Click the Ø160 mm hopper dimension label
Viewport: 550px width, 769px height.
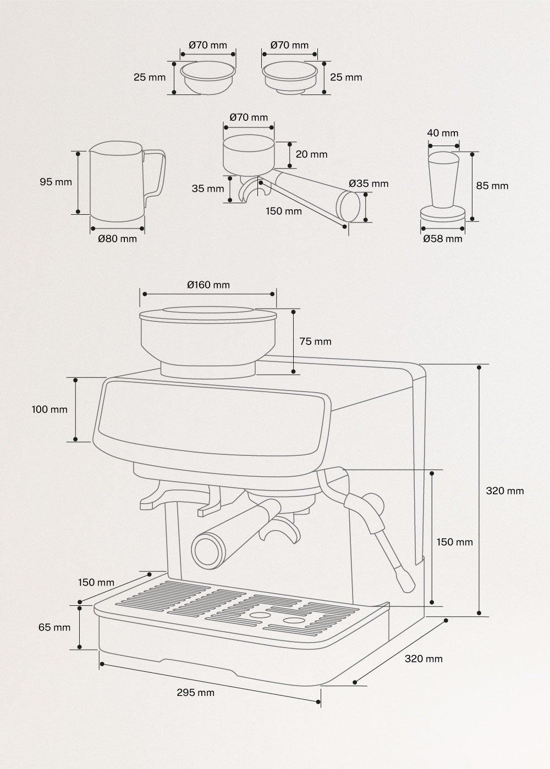coord(208,285)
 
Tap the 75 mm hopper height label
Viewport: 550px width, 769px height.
coord(315,342)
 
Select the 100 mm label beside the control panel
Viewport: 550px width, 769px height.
coord(50,409)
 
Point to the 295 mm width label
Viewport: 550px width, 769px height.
coord(195,693)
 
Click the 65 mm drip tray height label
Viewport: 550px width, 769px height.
coord(54,627)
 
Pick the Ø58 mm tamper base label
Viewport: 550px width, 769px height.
coord(443,239)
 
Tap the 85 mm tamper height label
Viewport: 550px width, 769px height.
coord(492,186)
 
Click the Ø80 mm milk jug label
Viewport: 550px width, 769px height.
coord(117,239)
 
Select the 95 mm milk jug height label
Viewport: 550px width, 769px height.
coord(56,182)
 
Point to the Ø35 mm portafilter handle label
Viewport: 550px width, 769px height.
coord(369,183)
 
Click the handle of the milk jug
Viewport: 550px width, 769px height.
coord(157,173)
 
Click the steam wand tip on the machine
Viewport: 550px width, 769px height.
coord(406,582)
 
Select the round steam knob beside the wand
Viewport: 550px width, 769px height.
coord(375,502)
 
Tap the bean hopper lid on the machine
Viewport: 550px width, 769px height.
coord(208,314)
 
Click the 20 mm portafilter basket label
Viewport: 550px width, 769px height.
coord(311,154)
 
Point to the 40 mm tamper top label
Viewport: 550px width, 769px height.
coord(443,133)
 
